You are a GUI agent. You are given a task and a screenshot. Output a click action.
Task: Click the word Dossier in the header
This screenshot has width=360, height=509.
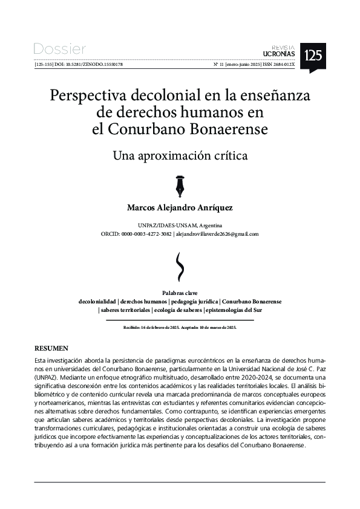tap(60, 49)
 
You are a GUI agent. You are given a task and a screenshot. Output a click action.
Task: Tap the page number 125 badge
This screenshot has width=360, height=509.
tap(313, 56)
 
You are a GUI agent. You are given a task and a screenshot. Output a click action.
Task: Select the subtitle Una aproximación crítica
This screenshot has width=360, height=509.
tap(180, 155)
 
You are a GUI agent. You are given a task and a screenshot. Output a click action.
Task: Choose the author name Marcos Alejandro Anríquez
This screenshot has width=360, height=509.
tap(180, 207)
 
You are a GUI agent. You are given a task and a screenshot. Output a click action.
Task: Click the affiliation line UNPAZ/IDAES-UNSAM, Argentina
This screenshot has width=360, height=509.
tap(180, 225)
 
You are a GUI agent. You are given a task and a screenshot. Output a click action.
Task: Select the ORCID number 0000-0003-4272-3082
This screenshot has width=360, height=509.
tap(146, 233)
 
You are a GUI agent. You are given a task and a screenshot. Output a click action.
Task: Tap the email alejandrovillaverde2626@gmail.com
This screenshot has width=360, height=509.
tap(218, 233)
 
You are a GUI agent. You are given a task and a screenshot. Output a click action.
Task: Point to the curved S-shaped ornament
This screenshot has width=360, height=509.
tap(180, 264)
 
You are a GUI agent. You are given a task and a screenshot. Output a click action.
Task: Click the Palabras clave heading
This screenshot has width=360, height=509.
tap(180, 293)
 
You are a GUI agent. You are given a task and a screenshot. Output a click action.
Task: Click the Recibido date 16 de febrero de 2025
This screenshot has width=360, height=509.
tap(159, 327)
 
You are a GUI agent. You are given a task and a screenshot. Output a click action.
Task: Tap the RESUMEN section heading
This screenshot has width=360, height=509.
tap(51, 349)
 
